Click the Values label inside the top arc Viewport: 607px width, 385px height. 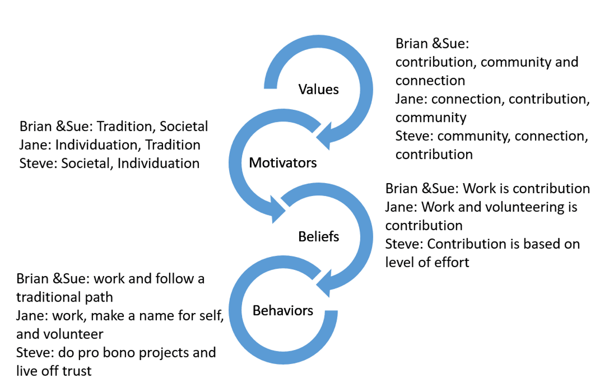click(x=318, y=89)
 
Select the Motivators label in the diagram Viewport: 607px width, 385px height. click(x=283, y=163)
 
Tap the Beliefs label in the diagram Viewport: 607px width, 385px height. click(x=318, y=236)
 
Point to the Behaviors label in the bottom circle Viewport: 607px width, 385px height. click(x=283, y=310)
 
